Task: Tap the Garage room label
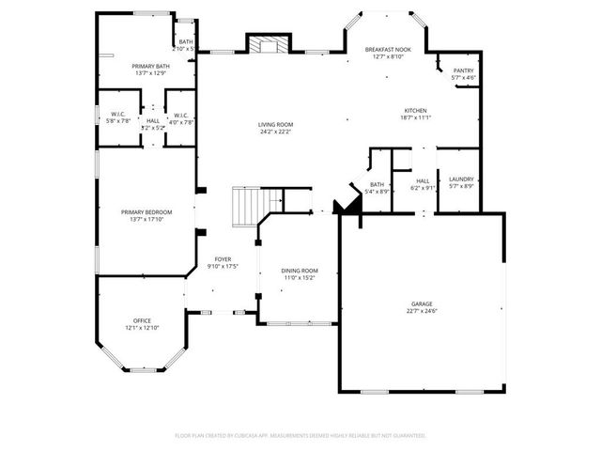pyautogui.click(x=421, y=303)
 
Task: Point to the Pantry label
pyautogui.click(x=463, y=70)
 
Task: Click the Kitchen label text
pyautogui.click(x=416, y=110)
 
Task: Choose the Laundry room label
pyautogui.click(x=461, y=179)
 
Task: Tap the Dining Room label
pyautogui.click(x=300, y=271)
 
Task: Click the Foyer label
pyautogui.click(x=223, y=258)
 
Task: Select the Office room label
pyautogui.click(x=142, y=320)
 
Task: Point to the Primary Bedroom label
pyautogui.click(x=146, y=212)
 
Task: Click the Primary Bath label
pyautogui.click(x=149, y=66)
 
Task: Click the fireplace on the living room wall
pyautogui.click(x=266, y=44)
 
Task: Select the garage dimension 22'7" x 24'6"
pyautogui.click(x=421, y=311)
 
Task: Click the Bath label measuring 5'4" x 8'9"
pyautogui.click(x=377, y=184)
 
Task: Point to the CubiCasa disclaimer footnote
pyautogui.click(x=300, y=435)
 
